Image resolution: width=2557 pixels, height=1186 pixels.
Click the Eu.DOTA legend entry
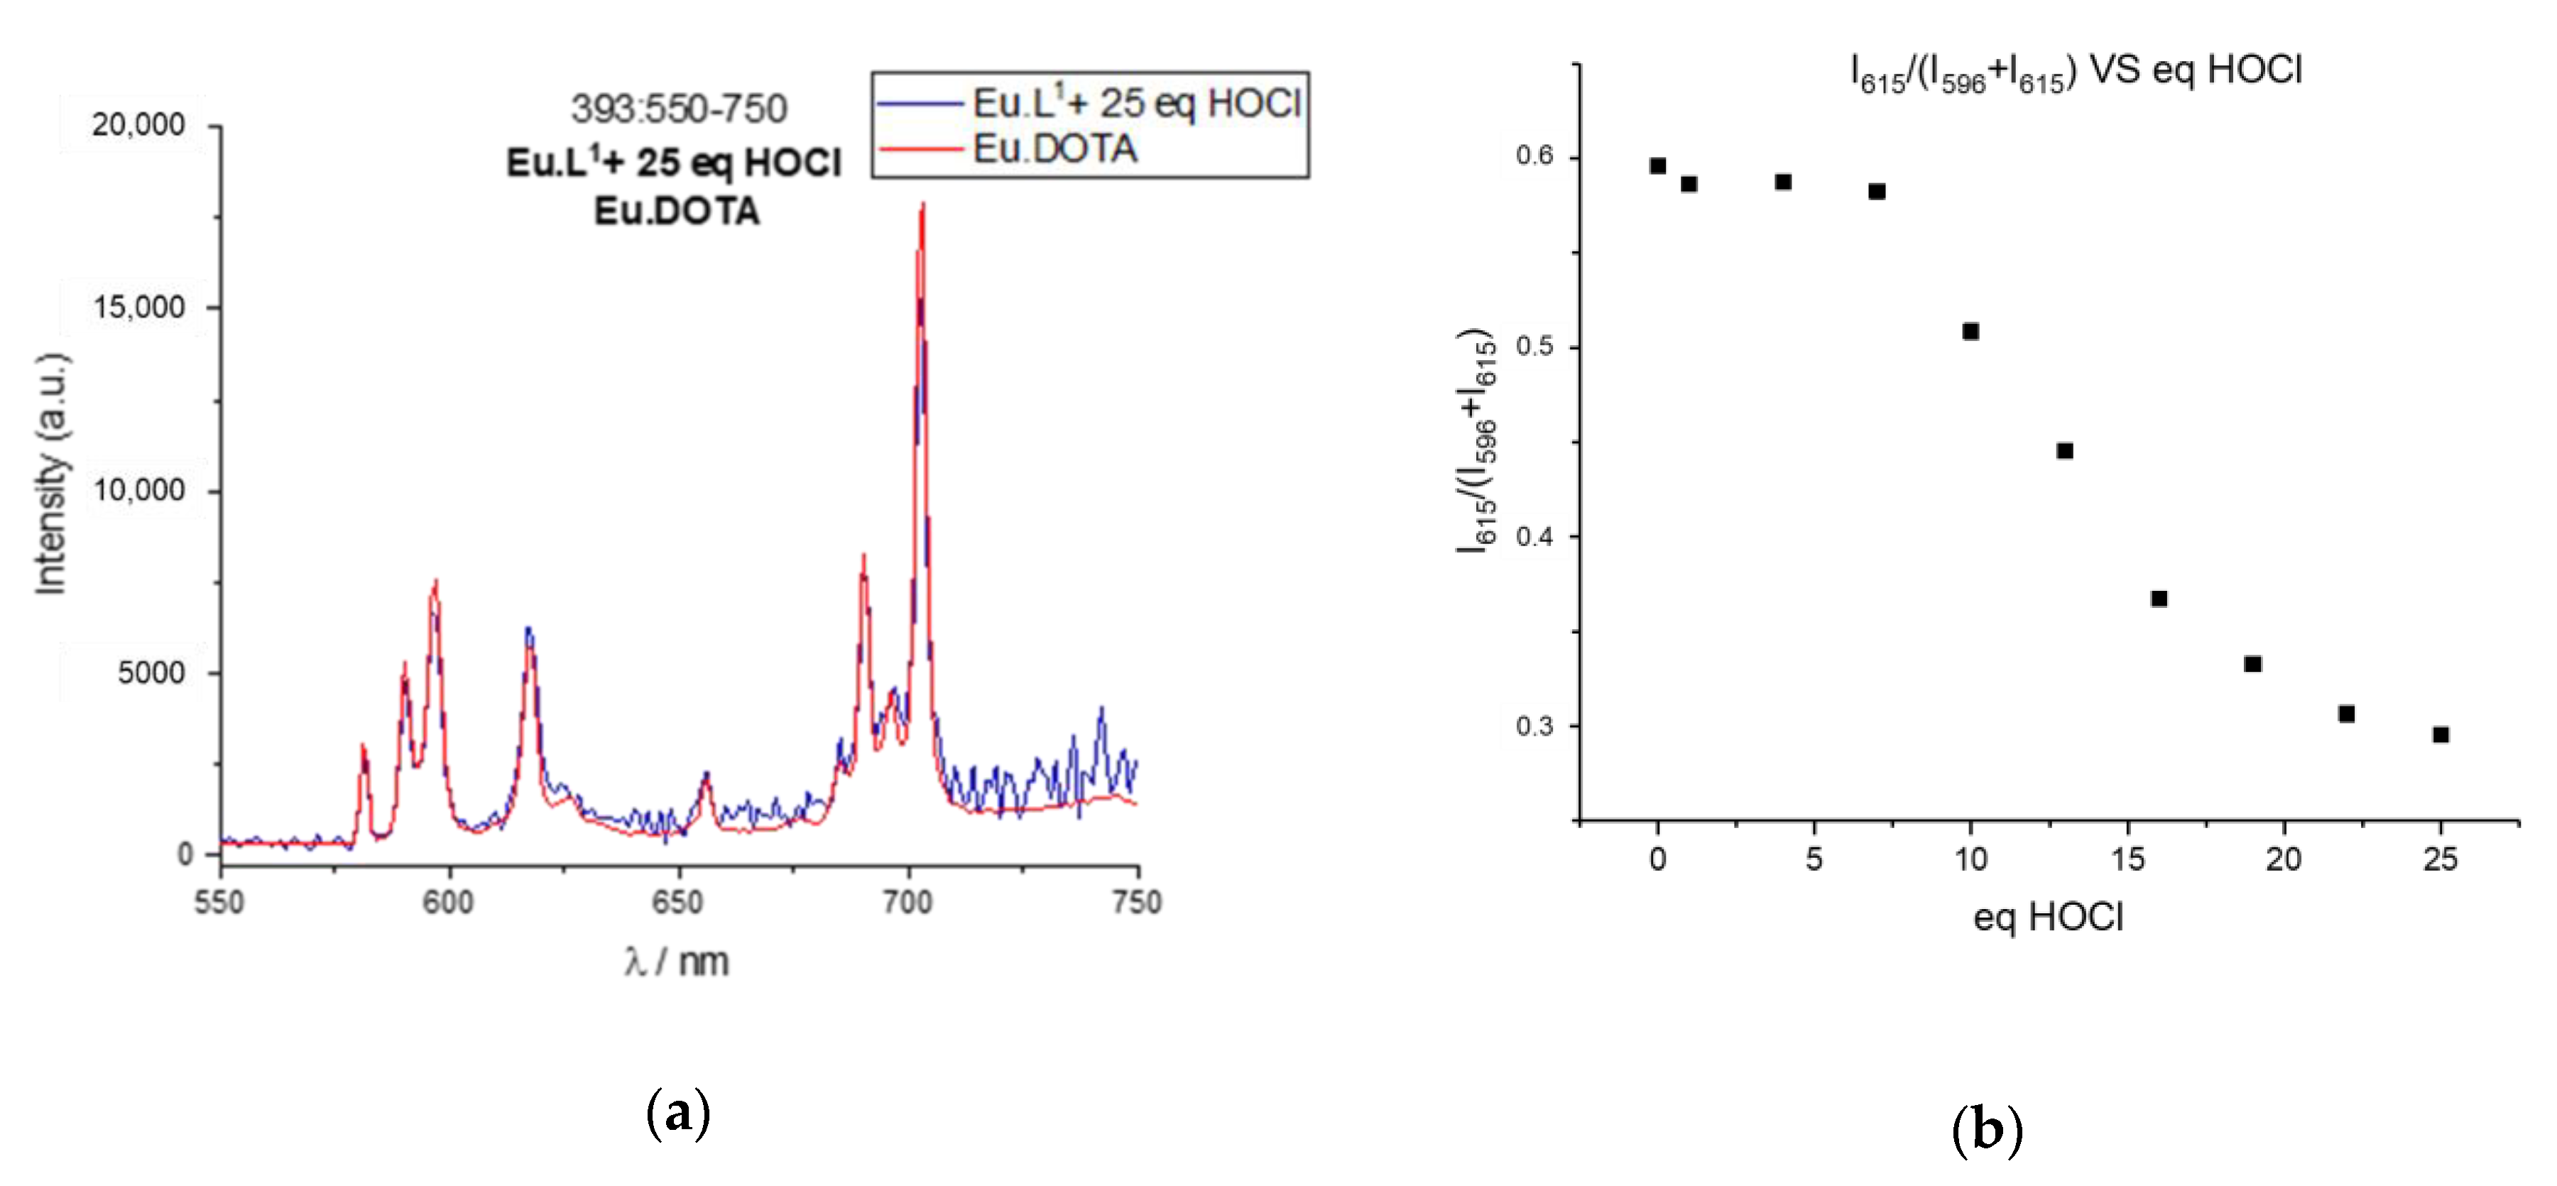1054,149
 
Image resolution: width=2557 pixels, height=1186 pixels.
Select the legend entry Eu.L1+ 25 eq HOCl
1135,102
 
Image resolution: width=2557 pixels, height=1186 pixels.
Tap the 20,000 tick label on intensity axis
138,125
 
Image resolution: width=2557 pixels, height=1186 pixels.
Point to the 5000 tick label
151,673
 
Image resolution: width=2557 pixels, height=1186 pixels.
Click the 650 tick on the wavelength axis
678,902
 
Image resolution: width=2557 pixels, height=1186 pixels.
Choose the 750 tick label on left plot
1137,902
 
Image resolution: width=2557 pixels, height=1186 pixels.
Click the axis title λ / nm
677,962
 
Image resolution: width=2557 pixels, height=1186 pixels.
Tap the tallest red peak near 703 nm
923,208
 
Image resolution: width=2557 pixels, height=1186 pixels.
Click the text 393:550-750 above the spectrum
679,108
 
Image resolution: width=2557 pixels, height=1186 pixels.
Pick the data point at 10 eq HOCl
1970,332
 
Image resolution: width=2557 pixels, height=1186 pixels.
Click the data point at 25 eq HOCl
2441,734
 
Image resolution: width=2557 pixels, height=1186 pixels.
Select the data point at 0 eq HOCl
1657,165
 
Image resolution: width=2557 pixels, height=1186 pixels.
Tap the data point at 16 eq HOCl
2159,599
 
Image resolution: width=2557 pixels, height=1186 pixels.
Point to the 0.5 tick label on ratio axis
1534,347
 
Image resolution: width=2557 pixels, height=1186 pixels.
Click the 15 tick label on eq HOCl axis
2127,859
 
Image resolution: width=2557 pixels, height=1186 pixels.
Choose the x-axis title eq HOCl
2048,917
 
